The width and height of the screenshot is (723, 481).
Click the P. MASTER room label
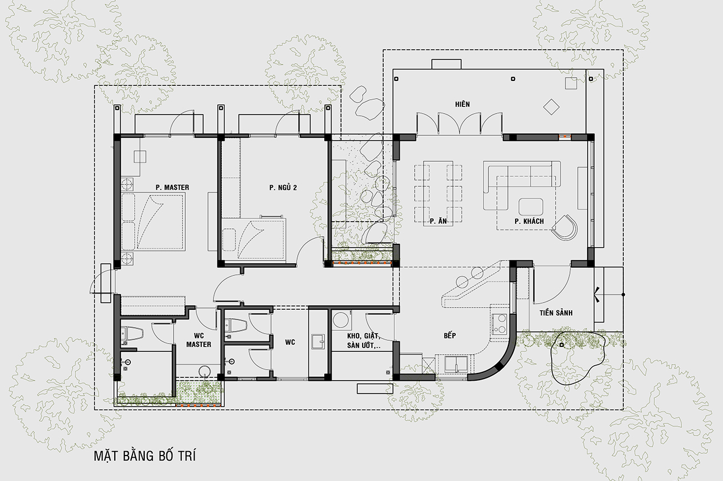pos(172,187)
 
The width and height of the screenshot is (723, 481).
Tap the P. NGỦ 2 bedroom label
pos(283,187)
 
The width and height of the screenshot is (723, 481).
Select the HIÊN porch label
pos(462,104)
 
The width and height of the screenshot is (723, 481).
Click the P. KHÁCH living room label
pos(529,221)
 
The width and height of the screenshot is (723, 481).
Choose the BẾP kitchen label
pos(450,335)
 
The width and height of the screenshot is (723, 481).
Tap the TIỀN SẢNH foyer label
pos(556,313)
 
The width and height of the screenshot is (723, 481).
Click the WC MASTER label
pos(198,340)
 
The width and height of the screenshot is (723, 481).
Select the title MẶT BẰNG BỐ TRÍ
pos(145,456)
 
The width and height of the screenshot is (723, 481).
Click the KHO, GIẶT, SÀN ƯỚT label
pos(364,341)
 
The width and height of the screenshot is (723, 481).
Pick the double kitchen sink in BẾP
pos(456,364)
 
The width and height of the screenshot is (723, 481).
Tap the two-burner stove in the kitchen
pos(499,324)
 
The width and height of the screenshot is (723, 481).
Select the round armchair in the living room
pos(565,227)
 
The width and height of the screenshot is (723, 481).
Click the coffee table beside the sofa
pos(531,207)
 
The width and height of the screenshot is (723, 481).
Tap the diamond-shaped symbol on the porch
pos(551,107)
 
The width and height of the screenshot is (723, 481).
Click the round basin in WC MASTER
pos(204,371)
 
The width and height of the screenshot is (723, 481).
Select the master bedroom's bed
pos(154,221)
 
